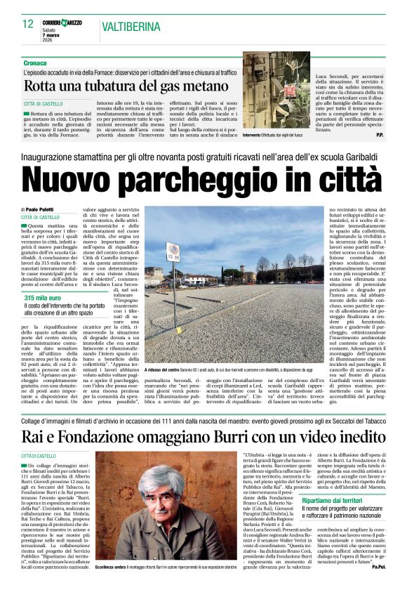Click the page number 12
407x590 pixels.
coord(28,24)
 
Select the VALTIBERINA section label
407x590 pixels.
coord(133,26)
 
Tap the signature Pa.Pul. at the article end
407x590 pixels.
coord(379,585)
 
